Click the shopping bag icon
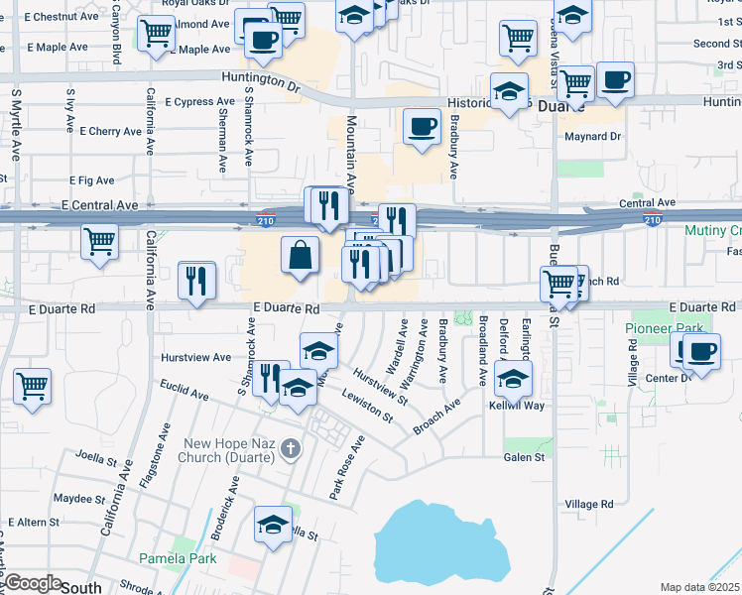pyautogui.click(x=300, y=256)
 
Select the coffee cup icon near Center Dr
pyautogui.click(x=701, y=351)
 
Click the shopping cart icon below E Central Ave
pyautogui.click(x=99, y=241)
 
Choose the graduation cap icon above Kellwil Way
pyautogui.click(x=512, y=377)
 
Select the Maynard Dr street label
pyautogui.click(x=592, y=137)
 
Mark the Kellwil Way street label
pyautogui.click(x=517, y=406)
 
